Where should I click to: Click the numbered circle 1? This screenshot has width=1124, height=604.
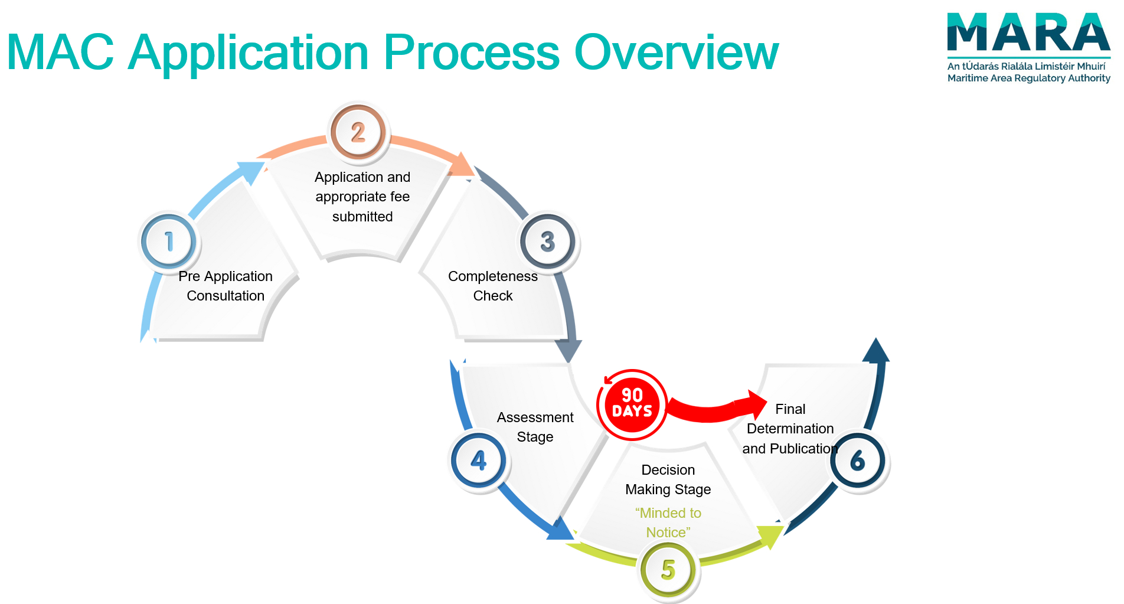tap(169, 241)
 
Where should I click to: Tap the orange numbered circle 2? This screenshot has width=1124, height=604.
tap(358, 132)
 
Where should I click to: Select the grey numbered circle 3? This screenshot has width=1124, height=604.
tap(548, 241)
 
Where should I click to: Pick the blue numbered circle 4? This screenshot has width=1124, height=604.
tap(479, 461)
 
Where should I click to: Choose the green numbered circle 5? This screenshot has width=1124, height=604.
tap(668, 570)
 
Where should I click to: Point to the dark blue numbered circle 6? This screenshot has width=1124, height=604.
tap(858, 461)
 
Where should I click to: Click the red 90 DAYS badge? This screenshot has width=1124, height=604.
tap(632, 404)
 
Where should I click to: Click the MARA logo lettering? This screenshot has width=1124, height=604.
tap(1028, 33)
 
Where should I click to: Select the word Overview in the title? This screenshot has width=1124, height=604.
tap(677, 53)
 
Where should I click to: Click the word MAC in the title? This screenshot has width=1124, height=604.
tap(60, 53)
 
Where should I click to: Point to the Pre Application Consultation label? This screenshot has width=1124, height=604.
tap(226, 286)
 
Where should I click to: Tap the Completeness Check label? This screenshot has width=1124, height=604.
tap(493, 286)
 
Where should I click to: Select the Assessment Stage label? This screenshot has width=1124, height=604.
tap(535, 427)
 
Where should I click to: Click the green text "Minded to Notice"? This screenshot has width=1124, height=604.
tap(668, 523)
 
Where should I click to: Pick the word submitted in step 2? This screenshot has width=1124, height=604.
tap(362, 217)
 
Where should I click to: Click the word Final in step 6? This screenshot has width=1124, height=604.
tap(790, 409)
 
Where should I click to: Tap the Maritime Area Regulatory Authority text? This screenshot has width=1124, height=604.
tap(1028, 78)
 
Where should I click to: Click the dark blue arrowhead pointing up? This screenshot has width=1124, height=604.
tap(876, 350)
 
